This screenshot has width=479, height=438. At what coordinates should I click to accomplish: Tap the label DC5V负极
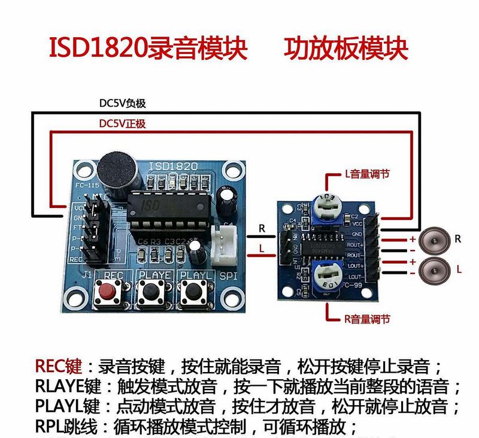pos(122,103)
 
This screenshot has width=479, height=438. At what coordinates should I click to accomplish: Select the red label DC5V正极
pos(122,124)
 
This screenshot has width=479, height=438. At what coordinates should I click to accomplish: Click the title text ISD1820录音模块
pos(148,49)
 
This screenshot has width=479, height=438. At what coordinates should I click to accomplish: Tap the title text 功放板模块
pos(346,49)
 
